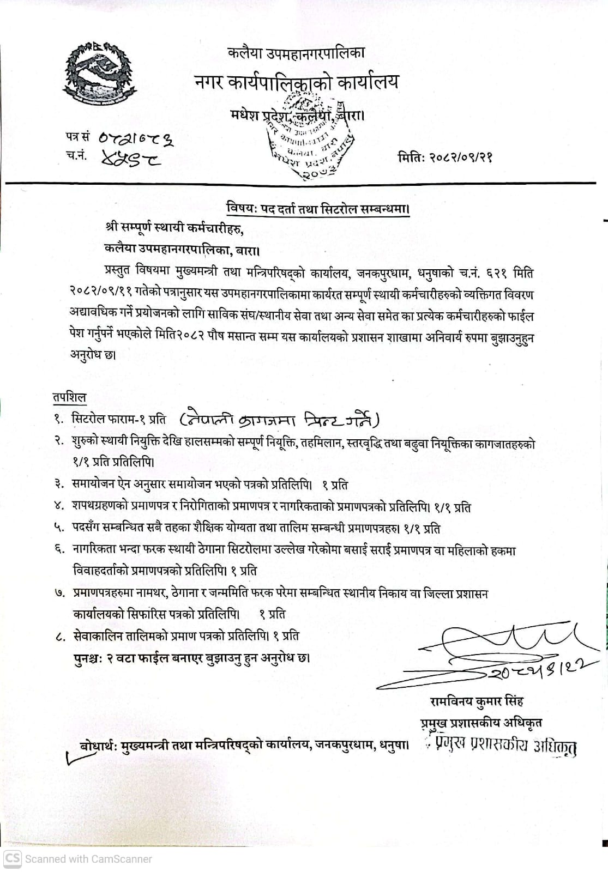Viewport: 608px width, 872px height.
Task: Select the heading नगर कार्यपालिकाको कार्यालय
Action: pos(296,82)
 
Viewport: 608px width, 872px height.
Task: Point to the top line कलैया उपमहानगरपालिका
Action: pos(296,53)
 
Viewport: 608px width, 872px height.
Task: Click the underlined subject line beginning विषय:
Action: pos(317,209)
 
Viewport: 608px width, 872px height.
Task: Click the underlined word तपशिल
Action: pos(69,398)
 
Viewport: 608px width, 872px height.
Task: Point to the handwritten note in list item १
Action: pos(279,419)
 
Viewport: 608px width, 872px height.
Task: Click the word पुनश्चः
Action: pos(88,657)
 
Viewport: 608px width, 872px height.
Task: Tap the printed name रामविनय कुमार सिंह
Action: pos(476,701)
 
